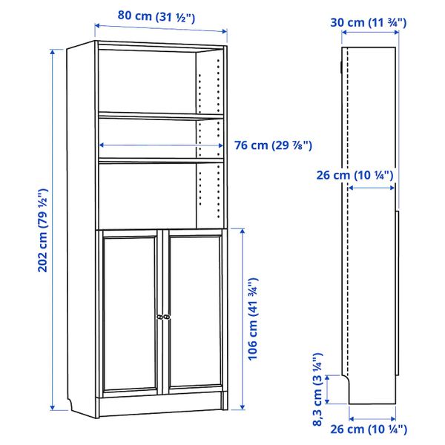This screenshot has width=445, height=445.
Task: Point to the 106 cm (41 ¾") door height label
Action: coord(253,319)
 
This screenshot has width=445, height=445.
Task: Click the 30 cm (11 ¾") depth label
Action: coord(369,23)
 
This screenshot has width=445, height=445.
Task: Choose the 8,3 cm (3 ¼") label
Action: coord(317,389)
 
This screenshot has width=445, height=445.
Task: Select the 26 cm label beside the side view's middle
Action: coord(353,175)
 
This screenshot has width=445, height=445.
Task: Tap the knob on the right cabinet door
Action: coord(167,317)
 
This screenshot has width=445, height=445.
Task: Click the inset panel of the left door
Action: coord(130,311)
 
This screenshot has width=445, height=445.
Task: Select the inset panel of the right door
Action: coord(194,311)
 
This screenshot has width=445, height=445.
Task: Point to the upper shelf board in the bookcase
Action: coord(159,115)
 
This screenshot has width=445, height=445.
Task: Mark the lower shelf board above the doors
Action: coord(159,159)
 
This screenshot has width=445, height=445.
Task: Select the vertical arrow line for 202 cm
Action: coord(53,230)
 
